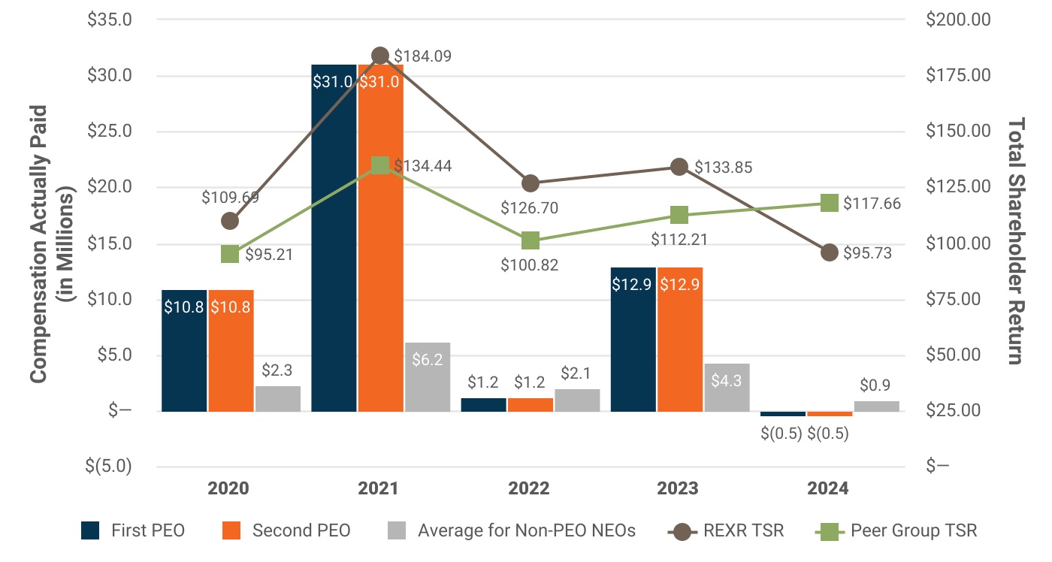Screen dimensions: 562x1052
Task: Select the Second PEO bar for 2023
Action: (680, 339)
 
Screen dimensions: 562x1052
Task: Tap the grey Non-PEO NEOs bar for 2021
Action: (427, 376)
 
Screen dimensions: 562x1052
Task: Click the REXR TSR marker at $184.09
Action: (380, 56)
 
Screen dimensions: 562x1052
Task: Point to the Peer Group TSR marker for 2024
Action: (829, 203)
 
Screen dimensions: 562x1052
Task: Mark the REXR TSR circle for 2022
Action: (531, 183)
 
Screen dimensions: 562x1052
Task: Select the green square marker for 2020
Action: (230, 254)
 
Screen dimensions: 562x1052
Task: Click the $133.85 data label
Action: (723, 167)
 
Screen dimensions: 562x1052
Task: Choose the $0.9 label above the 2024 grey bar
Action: (876, 385)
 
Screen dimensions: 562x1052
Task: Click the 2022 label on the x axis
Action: (529, 488)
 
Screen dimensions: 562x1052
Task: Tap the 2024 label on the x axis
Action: (828, 488)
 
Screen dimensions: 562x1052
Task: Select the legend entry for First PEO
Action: (134, 531)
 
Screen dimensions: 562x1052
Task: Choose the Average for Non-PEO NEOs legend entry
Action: (511, 531)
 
